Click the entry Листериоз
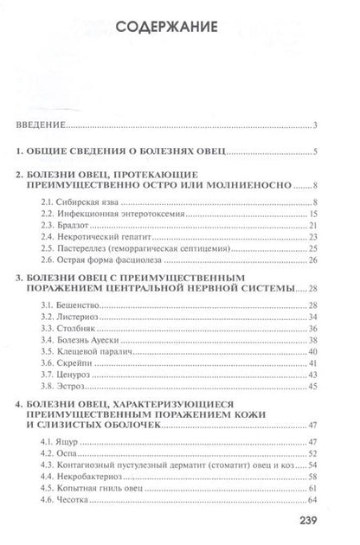pos(74,318)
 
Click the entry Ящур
pos(65,442)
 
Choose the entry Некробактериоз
pos(85,477)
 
